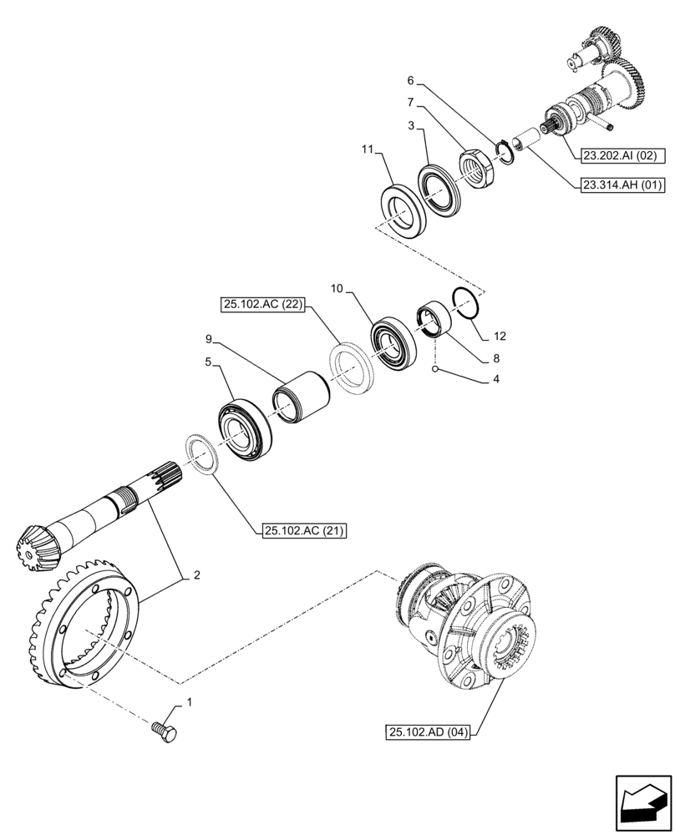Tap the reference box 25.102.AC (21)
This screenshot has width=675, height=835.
tap(304, 530)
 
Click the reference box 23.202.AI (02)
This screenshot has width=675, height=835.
tap(618, 154)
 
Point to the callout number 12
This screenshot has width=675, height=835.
tap(499, 337)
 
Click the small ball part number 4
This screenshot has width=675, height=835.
tap(435, 368)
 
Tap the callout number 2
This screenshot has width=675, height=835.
tap(196, 574)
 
